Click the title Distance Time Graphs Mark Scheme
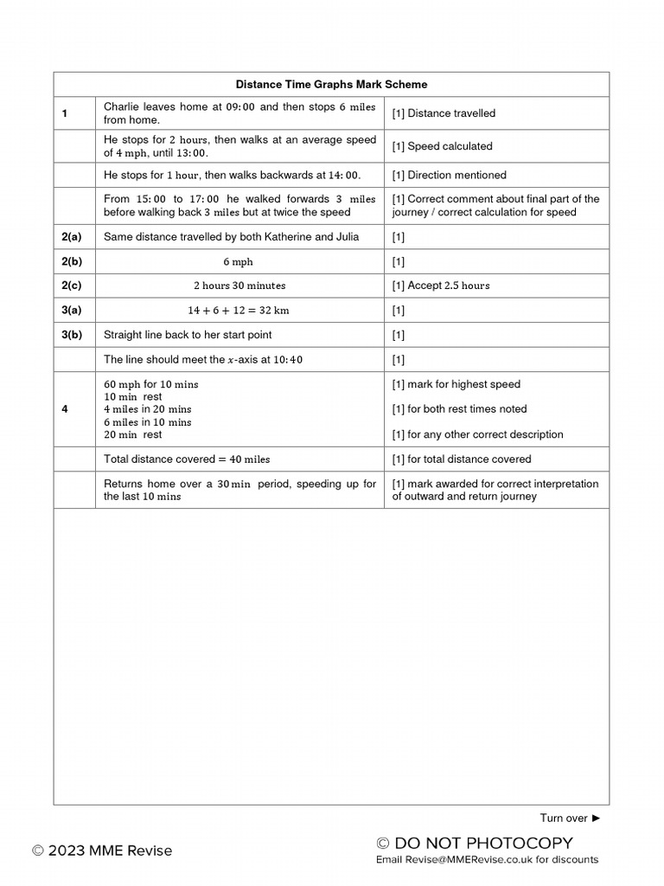pos(331,85)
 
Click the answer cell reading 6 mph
pos(238,261)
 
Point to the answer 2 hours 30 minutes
pos(239,286)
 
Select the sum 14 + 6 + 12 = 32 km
pos(238,310)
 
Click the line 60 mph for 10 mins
pos(150,384)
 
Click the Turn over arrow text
pos(569,818)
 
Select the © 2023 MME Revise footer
pos(102,851)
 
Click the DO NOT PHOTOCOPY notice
pos(475,843)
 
